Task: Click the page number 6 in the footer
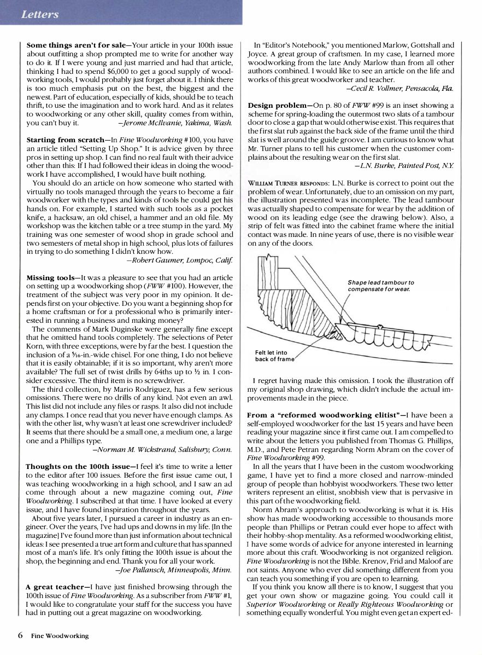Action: (x=20, y=635)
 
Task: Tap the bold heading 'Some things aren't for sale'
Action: (x=75, y=45)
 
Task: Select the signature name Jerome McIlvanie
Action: (x=174, y=123)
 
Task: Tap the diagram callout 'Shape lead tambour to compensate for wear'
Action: (x=380, y=286)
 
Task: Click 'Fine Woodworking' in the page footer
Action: (x=60, y=636)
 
